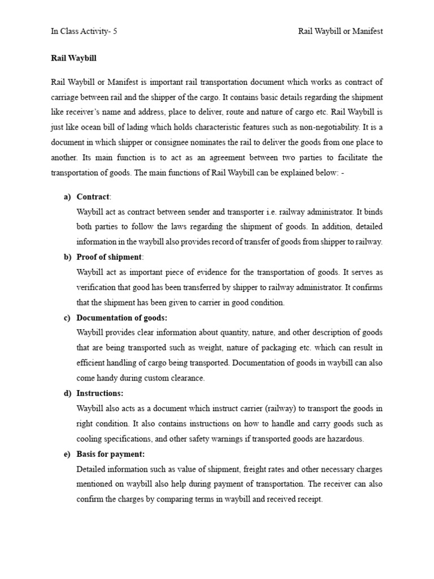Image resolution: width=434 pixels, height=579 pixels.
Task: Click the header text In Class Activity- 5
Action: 84,32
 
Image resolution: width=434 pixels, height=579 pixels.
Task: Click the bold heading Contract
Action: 93,197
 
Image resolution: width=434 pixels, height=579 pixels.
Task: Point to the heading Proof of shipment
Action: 109,257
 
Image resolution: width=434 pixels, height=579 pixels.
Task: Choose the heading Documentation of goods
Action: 121,318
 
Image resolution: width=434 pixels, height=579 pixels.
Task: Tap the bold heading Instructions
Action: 99,393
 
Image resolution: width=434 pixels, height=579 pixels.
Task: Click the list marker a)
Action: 67,197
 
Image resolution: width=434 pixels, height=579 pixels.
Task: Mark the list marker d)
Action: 67,393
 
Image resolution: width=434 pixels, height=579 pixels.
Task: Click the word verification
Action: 97,287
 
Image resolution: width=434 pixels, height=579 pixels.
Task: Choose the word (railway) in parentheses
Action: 266,408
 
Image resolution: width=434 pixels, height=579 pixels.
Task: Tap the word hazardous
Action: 344,438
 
